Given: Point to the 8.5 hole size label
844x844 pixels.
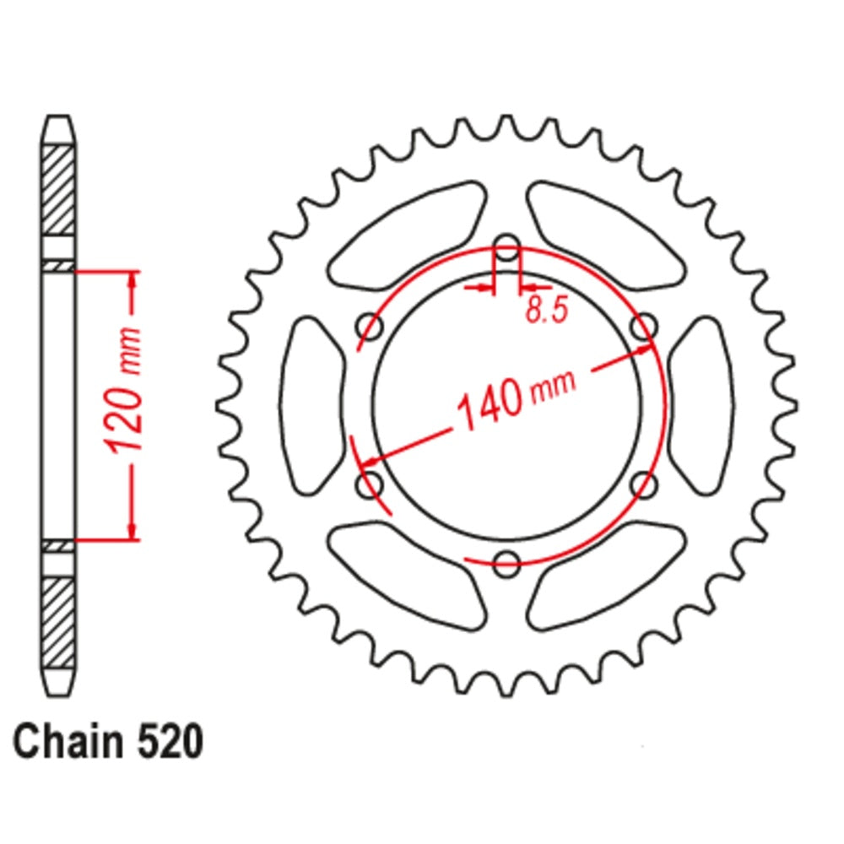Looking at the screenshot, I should (546, 311).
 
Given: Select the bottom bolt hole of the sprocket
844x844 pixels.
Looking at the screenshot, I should (506, 563).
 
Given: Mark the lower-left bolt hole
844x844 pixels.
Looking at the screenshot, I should (370, 484).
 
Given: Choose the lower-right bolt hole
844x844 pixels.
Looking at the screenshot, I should (644, 484).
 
